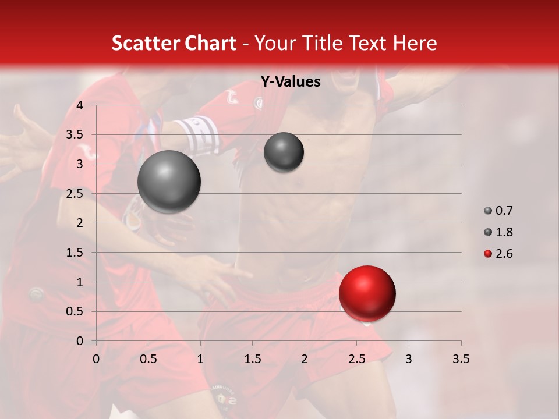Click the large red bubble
(x=367, y=293)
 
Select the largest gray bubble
(x=169, y=182)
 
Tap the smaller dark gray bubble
(x=284, y=152)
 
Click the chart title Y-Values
(x=291, y=82)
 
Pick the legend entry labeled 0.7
(x=504, y=211)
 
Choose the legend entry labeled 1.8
(x=504, y=232)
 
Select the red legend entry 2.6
(x=504, y=254)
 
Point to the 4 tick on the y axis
(x=80, y=105)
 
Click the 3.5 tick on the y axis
(x=75, y=135)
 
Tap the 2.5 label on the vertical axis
(x=75, y=194)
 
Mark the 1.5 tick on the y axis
(x=75, y=253)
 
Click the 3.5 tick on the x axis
(x=461, y=359)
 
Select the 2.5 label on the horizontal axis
(x=356, y=359)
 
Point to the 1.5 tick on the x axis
(x=252, y=359)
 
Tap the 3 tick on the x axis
(x=409, y=359)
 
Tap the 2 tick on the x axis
(x=305, y=359)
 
